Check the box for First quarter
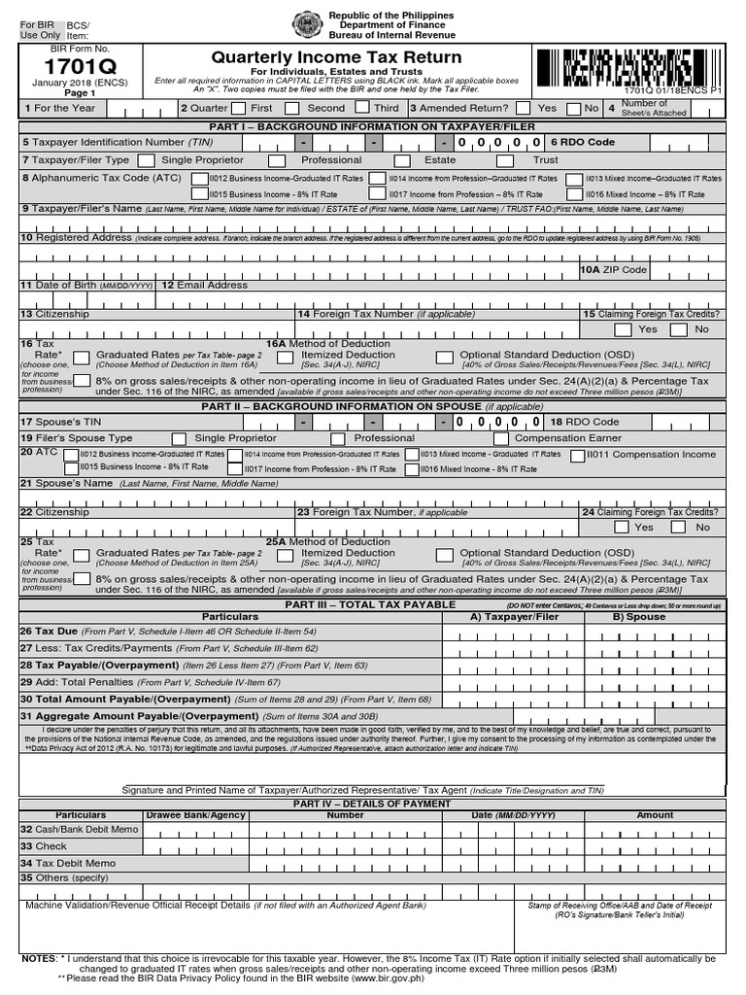point(238,109)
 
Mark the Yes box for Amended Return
point(524,109)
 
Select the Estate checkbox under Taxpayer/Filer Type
point(402,160)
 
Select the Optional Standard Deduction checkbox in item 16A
point(444,359)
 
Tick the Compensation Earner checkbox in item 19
point(497,439)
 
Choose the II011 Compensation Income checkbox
point(579,455)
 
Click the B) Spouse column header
point(638,617)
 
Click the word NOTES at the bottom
point(39,958)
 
